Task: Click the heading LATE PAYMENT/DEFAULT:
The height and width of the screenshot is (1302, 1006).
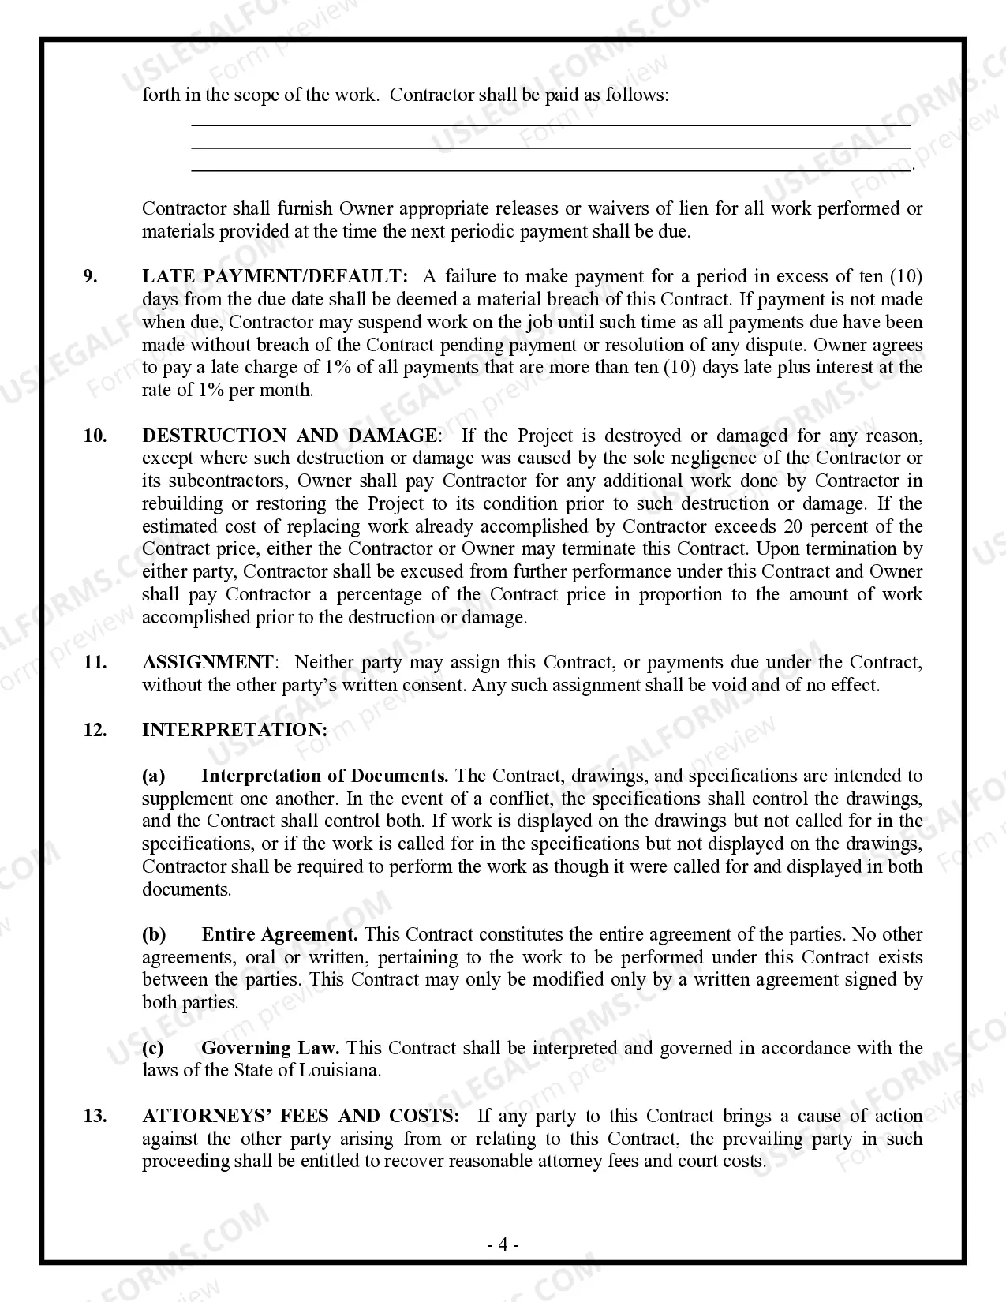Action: click(x=275, y=276)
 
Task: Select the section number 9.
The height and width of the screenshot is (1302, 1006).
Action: click(x=91, y=276)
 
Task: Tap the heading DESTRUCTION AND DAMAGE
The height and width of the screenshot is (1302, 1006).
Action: click(x=289, y=436)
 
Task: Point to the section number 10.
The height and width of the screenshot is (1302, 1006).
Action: click(x=95, y=436)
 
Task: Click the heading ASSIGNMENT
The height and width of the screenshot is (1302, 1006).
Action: click(x=208, y=662)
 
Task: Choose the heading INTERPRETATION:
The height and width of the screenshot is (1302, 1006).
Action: click(x=234, y=730)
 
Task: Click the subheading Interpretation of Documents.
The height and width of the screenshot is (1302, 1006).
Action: click(x=324, y=776)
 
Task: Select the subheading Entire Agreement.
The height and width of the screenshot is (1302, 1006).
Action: click(x=279, y=934)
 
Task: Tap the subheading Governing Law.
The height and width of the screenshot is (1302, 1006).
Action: click(x=270, y=1048)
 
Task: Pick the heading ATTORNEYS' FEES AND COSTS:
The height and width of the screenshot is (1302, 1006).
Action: click(x=301, y=1116)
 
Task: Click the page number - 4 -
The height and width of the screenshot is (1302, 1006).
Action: click(x=503, y=1245)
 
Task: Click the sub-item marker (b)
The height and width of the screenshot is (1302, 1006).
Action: click(x=154, y=934)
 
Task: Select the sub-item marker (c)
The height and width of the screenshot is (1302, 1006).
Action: click(x=153, y=1048)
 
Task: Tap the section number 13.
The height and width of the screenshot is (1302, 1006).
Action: click(x=95, y=1116)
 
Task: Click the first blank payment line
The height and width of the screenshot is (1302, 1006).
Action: click(x=551, y=125)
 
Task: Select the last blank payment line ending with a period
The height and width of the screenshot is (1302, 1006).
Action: click(x=551, y=170)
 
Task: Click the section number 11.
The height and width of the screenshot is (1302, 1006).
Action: click(x=95, y=662)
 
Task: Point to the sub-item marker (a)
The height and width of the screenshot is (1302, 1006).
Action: click(x=153, y=776)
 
